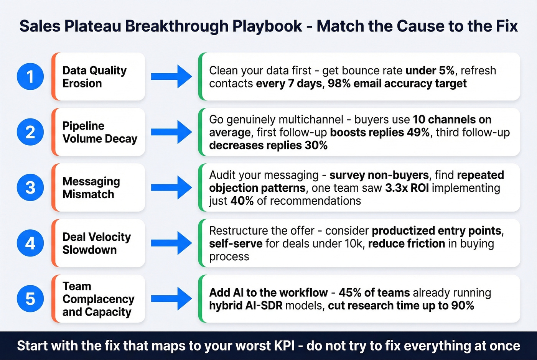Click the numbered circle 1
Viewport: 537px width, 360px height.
[x=30, y=77]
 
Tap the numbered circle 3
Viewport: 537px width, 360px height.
[x=30, y=187]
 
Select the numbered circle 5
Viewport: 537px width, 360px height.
[x=30, y=299]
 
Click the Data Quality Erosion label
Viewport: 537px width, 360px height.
[x=94, y=77]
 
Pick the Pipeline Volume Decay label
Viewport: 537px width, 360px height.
[x=100, y=132]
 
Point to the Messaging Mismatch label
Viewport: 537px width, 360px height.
[x=91, y=187]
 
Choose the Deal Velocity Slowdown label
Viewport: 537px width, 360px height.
[x=97, y=243]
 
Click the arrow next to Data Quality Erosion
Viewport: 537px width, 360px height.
[x=171, y=77]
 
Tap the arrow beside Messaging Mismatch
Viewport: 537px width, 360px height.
[x=171, y=187]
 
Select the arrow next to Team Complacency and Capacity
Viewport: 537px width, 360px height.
[x=171, y=299]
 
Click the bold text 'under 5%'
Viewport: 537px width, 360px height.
[x=430, y=71]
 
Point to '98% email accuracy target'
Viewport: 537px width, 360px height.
[x=397, y=84]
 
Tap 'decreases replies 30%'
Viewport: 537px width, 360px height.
[x=268, y=145]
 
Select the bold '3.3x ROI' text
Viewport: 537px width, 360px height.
[x=407, y=188]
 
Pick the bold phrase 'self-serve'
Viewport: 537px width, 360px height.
[x=236, y=243]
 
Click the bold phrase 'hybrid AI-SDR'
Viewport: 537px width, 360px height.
[x=246, y=306]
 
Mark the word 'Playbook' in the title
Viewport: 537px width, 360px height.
[x=267, y=26]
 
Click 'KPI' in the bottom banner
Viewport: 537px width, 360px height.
[x=284, y=345]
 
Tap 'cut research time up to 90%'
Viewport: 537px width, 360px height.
[x=401, y=306]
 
